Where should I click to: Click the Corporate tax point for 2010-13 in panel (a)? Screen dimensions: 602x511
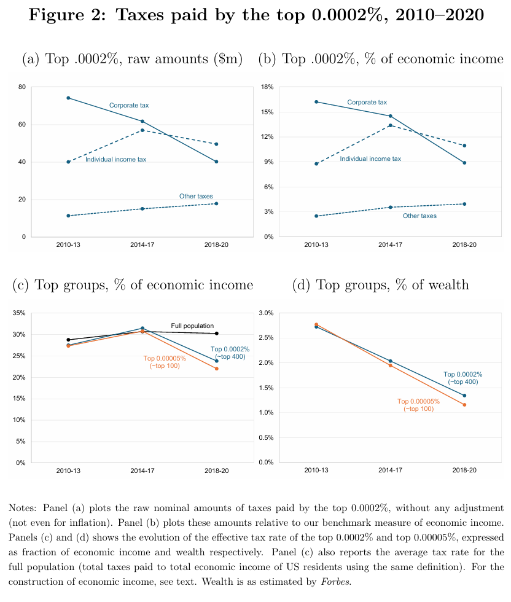point(68,98)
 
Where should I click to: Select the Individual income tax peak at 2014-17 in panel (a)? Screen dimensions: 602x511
point(142,130)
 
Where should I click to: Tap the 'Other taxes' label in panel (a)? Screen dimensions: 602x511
point(196,197)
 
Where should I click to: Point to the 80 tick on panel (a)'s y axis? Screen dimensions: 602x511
point(21,87)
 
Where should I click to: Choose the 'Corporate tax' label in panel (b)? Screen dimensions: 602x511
point(367,103)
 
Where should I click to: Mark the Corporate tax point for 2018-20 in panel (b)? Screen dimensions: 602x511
point(464,163)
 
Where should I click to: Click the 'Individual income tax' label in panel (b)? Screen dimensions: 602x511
point(370,159)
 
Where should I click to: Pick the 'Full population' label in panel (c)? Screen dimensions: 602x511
point(192,326)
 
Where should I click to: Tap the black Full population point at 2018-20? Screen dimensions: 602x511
point(217,334)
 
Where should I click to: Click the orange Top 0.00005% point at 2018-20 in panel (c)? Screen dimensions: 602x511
point(217,369)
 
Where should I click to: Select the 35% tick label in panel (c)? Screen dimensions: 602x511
point(19,313)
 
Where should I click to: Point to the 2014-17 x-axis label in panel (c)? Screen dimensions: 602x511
point(142,471)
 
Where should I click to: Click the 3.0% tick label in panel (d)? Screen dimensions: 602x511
point(265,313)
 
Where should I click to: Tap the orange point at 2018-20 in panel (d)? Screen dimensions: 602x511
point(464,405)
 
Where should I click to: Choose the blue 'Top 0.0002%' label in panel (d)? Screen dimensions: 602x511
point(462,378)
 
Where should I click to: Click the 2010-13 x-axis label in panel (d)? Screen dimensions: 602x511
point(315,471)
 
